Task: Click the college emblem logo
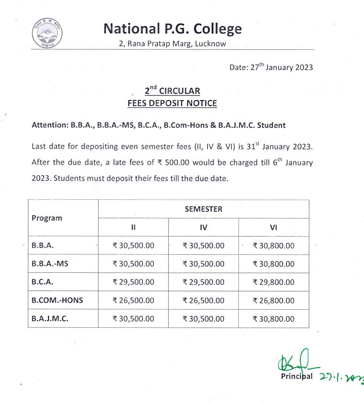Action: coord(47,33)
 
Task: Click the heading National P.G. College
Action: coord(173,29)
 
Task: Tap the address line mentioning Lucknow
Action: coord(173,44)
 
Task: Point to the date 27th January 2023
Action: coord(271,67)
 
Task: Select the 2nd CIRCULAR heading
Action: coord(173,90)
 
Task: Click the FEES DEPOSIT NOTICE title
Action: coord(172,103)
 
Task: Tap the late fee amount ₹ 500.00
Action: coord(173,163)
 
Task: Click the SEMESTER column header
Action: coord(203,209)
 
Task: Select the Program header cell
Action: coord(47,218)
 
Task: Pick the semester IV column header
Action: coord(203,227)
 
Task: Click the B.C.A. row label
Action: coord(43,282)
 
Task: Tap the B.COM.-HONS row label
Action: coord(57,300)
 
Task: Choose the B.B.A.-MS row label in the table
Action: coord(50,264)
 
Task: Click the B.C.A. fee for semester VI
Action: coord(274,282)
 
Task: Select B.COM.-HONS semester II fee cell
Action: coord(133,301)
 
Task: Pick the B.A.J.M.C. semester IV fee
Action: coord(203,319)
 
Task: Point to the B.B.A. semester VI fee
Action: coord(274,246)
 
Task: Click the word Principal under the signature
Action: coord(297,376)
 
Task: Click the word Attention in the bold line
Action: coord(49,125)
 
